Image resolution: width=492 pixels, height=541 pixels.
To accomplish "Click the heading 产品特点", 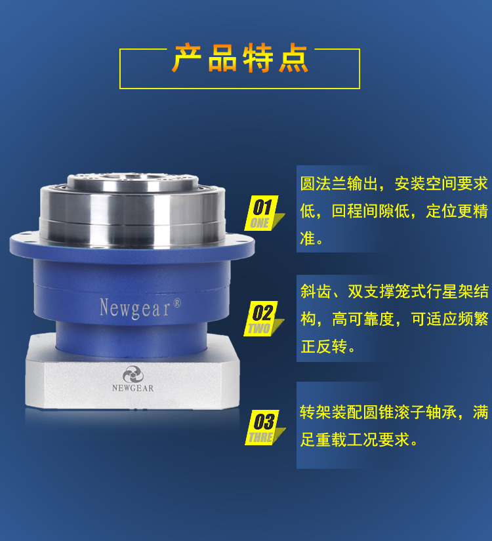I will click(x=239, y=60).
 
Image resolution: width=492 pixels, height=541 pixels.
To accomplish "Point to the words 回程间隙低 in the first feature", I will click(x=371, y=211).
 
